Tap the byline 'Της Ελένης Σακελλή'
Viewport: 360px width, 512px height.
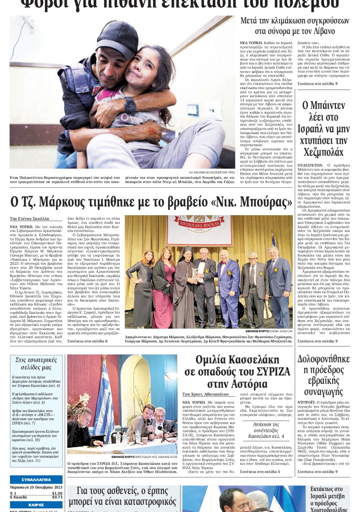(29, 218)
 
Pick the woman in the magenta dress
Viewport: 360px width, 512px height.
(164, 288)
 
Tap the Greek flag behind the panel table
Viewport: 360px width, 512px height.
(104, 401)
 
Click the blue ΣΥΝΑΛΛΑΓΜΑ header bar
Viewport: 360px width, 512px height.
(36, 479)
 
